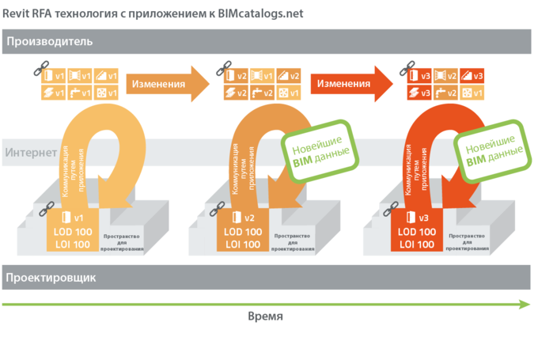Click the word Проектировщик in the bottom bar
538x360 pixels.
pyautogui.click(x=51, y=278)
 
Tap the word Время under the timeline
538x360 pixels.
pyautogui.click(x=265, y=316)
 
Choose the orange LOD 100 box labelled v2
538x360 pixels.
pyautogui.click(x=243, y=231)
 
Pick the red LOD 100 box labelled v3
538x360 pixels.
pyautogui.click(x=415, y=231)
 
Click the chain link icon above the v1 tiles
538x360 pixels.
pyautogui.click(x=36, y=70)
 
